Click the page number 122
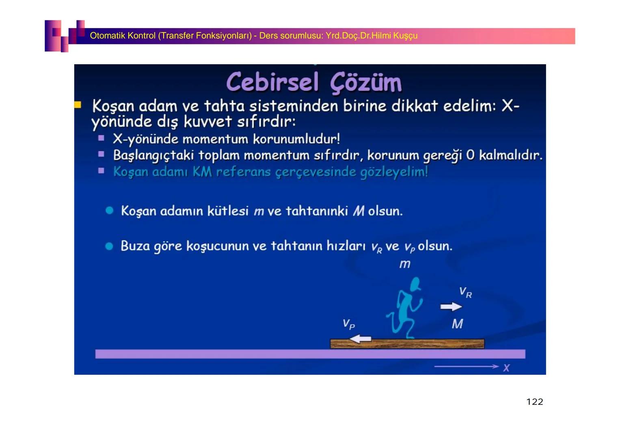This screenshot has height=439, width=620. (534, 402)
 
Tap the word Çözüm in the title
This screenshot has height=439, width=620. (366, 83)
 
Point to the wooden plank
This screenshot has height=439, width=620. (407, 344)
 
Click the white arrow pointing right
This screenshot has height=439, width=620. (451, 306)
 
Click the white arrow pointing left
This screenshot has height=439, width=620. (361, 339)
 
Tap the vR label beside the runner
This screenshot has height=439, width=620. (465, 292)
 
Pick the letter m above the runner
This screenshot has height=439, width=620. (405, 264)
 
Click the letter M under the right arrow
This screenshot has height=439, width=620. (457, 324)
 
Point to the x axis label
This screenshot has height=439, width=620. (506, 368)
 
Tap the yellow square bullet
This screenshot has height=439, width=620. (78, 105)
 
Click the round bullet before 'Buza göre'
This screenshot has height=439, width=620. (109, 246)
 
